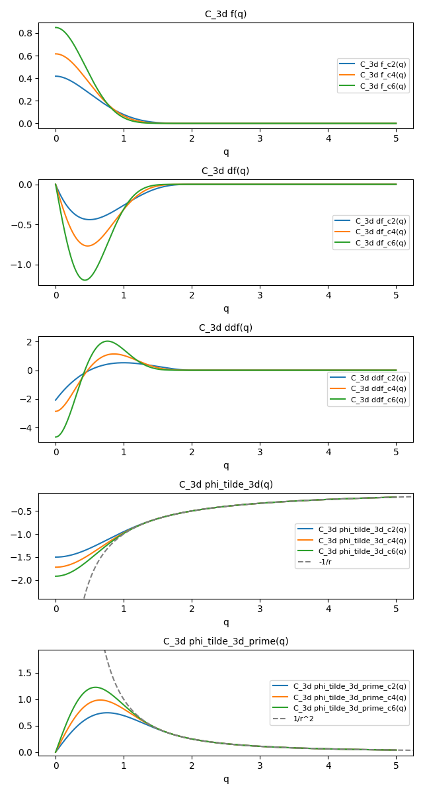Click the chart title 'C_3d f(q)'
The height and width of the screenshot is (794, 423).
point(225,14)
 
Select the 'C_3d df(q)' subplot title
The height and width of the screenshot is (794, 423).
point(225,171)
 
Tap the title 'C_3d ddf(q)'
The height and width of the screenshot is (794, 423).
point(225,328)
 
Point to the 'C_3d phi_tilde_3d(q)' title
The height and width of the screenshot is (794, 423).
point(225,484)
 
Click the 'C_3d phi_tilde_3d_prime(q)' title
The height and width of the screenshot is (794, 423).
point(225,641)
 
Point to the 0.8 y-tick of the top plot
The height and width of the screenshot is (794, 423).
point(26,33)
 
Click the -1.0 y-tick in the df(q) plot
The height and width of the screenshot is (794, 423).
point(22,265)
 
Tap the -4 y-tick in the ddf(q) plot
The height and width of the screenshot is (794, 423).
point(28,428)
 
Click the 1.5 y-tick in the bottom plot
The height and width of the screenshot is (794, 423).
point(26,673)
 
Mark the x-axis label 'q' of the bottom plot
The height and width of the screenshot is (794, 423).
point(225,779)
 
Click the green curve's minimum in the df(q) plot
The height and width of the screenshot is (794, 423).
point(85,280)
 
